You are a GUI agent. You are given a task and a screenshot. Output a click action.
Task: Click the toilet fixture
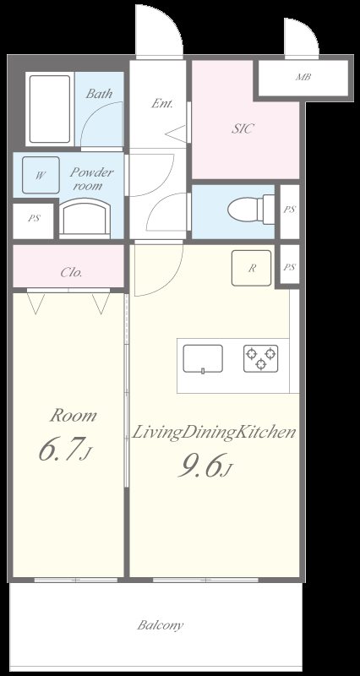(x=251, y=209)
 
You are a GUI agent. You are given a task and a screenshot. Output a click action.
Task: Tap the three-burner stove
(x=261, y=358)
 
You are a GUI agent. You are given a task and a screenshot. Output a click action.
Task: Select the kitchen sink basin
(x=203, y=358)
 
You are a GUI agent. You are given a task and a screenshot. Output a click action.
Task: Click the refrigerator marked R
(x=251, y=268)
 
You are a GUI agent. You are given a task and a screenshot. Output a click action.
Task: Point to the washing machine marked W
(x=41, y=175)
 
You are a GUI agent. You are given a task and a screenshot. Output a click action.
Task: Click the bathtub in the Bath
(x=50, y=109)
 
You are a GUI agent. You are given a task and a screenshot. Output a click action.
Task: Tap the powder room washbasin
(x=85, y=218)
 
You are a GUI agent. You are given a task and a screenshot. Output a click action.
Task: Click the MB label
(x=303, y=78)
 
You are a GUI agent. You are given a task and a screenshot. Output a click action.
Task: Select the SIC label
(x=243, y=128)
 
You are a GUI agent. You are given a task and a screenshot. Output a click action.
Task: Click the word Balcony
(x=161, y=625)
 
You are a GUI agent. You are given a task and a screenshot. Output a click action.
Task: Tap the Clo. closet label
(x=71, y=272)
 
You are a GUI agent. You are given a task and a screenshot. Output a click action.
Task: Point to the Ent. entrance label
(x=162, y=103)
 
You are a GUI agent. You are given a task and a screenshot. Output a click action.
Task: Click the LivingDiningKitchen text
(x=214, y=433)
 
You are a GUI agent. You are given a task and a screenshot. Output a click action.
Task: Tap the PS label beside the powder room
(x=34, y=218)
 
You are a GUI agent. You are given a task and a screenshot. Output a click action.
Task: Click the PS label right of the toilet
(x=290, y=210)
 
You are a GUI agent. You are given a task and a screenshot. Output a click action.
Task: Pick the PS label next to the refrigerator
(x=290, y=267)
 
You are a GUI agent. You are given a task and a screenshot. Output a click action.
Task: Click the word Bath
(x=99, y=94)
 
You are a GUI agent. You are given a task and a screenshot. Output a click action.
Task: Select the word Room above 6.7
(x=73, y=416)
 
